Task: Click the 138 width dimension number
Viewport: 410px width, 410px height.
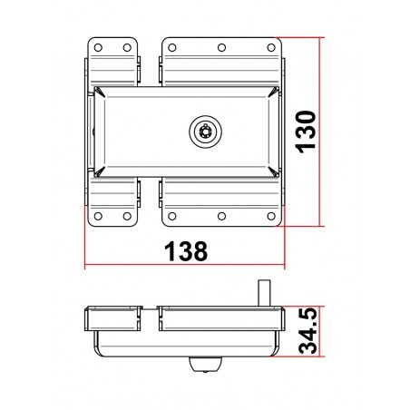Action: [183, 250]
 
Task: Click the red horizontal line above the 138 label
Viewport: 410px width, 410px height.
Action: [184, 268]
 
